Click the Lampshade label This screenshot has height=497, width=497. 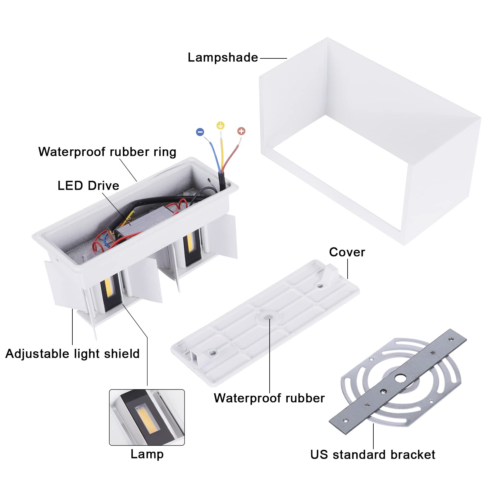223,58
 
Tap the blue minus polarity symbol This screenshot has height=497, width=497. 200,132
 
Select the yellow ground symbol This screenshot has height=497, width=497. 221,125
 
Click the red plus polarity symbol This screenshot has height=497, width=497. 241,131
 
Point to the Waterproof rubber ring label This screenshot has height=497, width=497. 107,152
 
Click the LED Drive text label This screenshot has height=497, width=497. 88,186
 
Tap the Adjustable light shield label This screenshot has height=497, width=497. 72,354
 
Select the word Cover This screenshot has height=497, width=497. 347,252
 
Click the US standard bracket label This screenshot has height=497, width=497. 372,454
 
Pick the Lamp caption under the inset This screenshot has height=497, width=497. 147,454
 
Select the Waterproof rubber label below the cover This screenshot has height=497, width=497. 269,398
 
